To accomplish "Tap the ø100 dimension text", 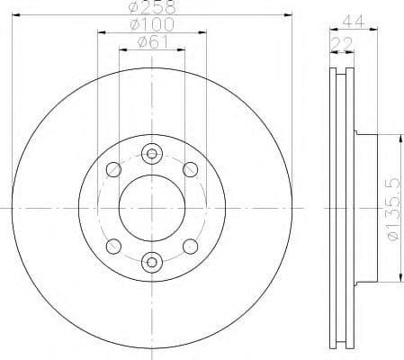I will pyautogui.click(x=151, y=24).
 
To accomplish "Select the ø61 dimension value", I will pyautogui.click(x=151, y=40).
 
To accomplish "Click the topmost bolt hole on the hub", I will pyautogui.click(x=151, y=152).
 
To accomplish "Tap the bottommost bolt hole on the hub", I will pyautogui.click(x=151, y=262).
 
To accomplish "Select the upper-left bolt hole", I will pyautogui.click(x=113, y=169).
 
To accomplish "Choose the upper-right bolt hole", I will pyautogui.click(x=189, y=169).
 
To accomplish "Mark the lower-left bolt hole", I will pyautogui.click(x=113, y=245).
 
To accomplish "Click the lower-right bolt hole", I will pyautogui.click(x=189, y=245).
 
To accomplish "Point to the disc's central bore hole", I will pyautogui.click(x=151, y=207).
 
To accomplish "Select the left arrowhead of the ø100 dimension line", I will pyautogui.click(x=100, y=32).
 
